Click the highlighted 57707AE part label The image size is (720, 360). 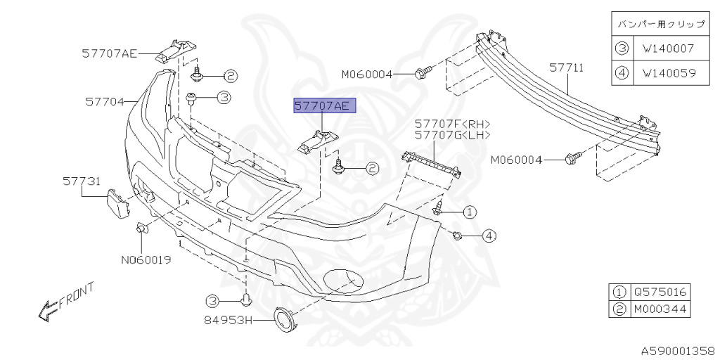pyautogui.click(x=325, y=106)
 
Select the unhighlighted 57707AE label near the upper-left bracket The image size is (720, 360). pyautogui.click(x=109, y=53)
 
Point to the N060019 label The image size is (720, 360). pyautogui.click(x=146, y=260)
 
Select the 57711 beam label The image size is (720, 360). pyautogui.click(x=566, y=68)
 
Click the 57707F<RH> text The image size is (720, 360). pyautogui.click(x=452, y=123)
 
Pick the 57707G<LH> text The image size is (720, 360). pyautogui.click(x=452, y=135)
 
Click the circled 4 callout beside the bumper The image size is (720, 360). pyautogui.click(x=489, y=236)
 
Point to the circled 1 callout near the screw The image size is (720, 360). pyautogui.click(x=469, y=211)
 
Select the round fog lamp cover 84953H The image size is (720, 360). pyautogui.click(x=285, y=321)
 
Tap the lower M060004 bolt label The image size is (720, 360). pyautogui.click(x=517, y=160)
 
